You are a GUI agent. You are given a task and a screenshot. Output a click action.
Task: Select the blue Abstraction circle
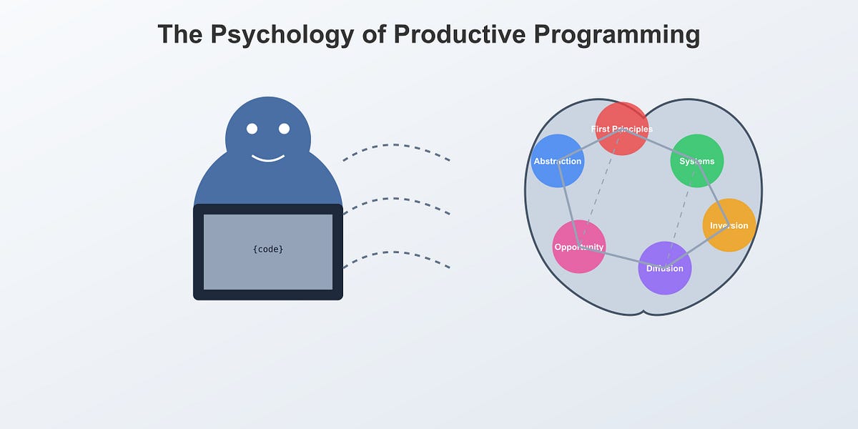point(558,161)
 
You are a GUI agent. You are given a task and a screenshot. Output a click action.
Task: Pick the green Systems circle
point(697,161)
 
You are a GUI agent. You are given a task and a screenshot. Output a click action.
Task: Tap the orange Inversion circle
point(729,225)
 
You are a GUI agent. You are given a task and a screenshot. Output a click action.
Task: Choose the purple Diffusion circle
point(664,268)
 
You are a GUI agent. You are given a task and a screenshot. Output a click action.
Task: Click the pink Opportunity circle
point(579,247)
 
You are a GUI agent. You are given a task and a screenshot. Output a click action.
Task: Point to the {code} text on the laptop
point(268,250)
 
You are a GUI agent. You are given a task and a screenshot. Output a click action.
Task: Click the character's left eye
point(252,129)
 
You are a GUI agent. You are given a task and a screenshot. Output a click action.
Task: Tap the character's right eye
point(284,129)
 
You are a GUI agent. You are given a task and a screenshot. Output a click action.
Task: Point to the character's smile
point(268,159)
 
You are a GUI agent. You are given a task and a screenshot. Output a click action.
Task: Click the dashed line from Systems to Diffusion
point(681,214)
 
